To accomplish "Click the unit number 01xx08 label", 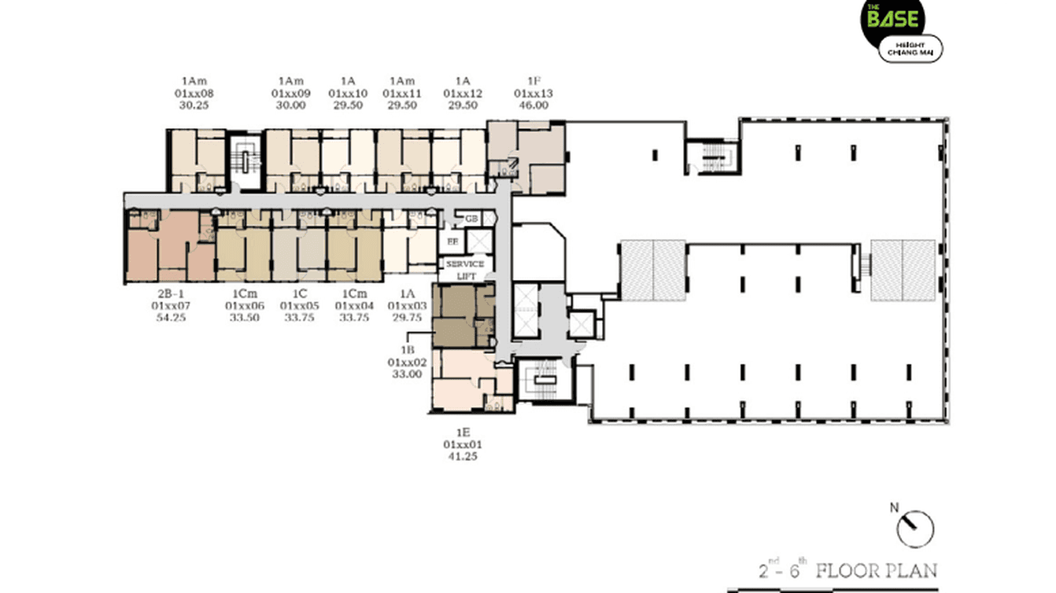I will pyautogui.click(x=194, y=93).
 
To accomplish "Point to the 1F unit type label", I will pyautogui.click(x=534, y=81).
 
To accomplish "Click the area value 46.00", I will pyautogui.click(x=534, y=105).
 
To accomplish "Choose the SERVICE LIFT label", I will pyautogui.click(x=464, y=270).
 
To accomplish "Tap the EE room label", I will pyautogui.click(x=452, y=241).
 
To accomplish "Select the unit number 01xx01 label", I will pyautogui.click(x=462, y=444).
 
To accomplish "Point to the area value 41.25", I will pyautogui.click(x=462, y=456).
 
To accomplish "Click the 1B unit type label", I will pyautogui.click(x=407, y=349).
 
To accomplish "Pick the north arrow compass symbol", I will pyautogui.click(x=914, y=528).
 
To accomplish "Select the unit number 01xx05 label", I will pyautogui.click(x=299, y=306).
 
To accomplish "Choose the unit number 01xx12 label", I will pyautogui.click(x=463, y=93).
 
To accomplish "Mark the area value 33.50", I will pyautogui.click(x=243, y=319).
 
